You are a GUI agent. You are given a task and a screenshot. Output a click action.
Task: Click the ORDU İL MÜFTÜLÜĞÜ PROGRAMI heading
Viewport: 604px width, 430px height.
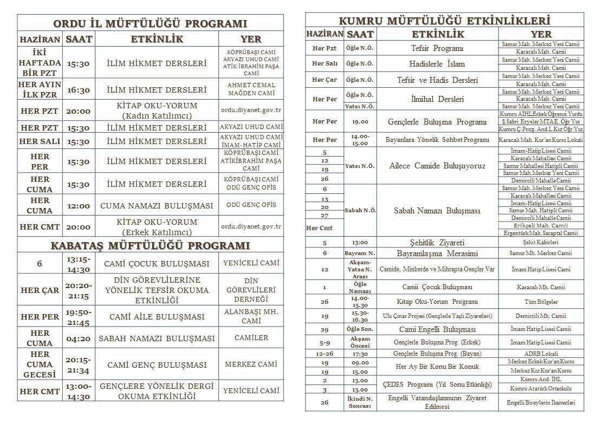150,23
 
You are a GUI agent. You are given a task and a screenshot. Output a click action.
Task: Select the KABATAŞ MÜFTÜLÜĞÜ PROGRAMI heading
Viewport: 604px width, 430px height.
150,245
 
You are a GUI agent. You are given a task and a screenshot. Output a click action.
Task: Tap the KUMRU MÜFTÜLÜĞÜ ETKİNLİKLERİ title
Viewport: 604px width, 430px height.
444,21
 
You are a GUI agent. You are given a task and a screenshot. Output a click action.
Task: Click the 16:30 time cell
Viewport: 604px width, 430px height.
79,90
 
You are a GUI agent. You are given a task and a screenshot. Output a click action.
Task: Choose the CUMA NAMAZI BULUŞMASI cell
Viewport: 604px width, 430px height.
157,206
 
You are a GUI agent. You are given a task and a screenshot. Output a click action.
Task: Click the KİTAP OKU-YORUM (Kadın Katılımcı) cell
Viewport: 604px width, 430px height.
157,110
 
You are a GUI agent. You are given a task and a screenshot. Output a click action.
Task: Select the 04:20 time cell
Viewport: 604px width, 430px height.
79,338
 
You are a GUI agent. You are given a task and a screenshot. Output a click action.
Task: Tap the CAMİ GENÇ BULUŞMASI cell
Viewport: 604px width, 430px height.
157,364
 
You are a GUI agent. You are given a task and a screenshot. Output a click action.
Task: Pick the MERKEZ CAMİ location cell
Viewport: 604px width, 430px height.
251,364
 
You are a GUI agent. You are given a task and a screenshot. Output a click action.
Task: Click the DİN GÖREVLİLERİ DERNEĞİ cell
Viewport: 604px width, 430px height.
251,290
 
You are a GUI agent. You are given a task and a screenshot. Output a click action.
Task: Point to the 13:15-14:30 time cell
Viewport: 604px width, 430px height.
79,264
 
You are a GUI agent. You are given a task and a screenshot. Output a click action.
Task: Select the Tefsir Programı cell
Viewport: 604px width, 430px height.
437,48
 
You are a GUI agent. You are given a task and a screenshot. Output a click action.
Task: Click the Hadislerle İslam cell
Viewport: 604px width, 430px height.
437,64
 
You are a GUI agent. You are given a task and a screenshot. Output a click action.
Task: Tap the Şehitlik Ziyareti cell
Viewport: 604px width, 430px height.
437,243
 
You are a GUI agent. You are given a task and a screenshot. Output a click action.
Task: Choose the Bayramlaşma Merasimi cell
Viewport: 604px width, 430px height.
437,253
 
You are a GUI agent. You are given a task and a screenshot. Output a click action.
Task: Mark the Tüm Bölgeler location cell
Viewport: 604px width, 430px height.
540,302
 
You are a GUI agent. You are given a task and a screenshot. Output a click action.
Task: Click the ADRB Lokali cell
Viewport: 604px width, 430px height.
540,354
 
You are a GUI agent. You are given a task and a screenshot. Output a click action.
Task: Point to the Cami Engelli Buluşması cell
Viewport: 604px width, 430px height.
437,329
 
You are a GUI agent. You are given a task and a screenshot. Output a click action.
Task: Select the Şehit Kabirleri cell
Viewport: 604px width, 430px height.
540,243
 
